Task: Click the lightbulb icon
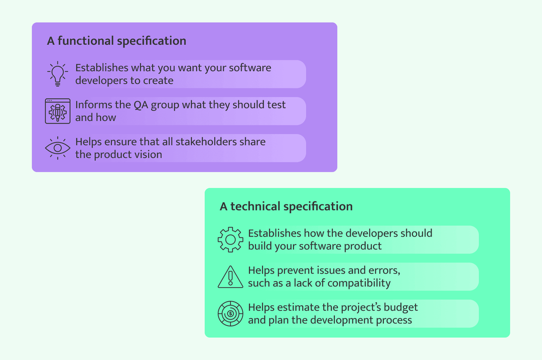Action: pos(57,74)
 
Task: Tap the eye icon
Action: pos(57,148)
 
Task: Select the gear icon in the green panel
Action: pos(230,239)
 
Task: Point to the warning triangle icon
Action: pos(230,277)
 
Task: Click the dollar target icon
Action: pos(230,314)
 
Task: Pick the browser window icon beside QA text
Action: pos(57,111)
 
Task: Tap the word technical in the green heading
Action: pos(255,206)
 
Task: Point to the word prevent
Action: pos(293,271)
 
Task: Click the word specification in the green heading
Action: pos(318,206)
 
